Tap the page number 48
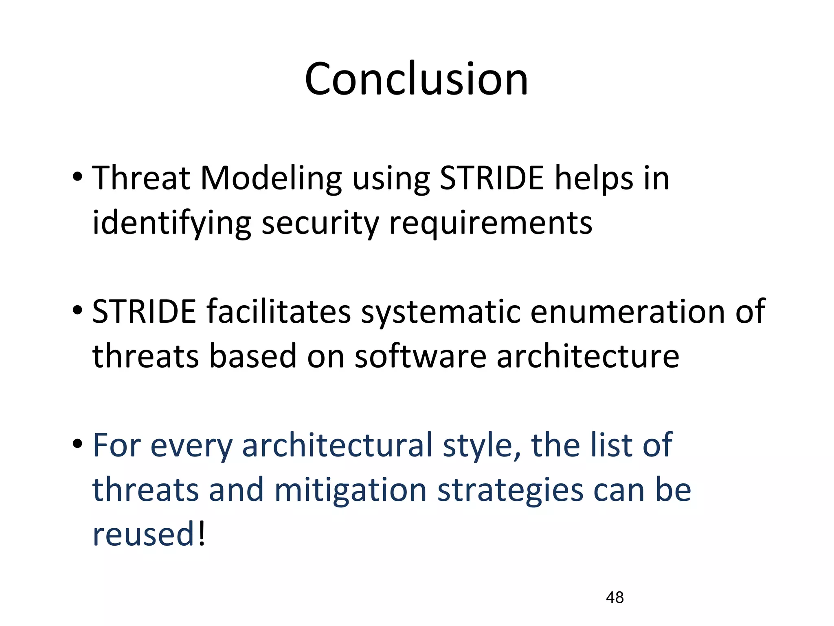pyautogui.click(x=615, y=597)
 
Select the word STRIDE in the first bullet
pyautogui.click(x=492, y=179)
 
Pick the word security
pyautogui.click(x=320, y=224)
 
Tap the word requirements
pyautogui.click(x=491, y=224)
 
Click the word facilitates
pyautogui.click(x=279, y=312)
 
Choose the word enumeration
pyautogui.click(x=628, y=312)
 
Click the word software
pyautogui.click(x=420, y=356)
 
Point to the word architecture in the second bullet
pyautogui.click(x=588, y=356)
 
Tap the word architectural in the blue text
pyautogui.click(x=337, y=445)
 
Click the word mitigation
pyautogui.click(x=351, y=490)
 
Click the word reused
pyautogui.click(x=145, y=534)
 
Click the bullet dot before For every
pyautogui.click(x=77, y=444)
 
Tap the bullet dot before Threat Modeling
pyautogui.click(x=77, y=177)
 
